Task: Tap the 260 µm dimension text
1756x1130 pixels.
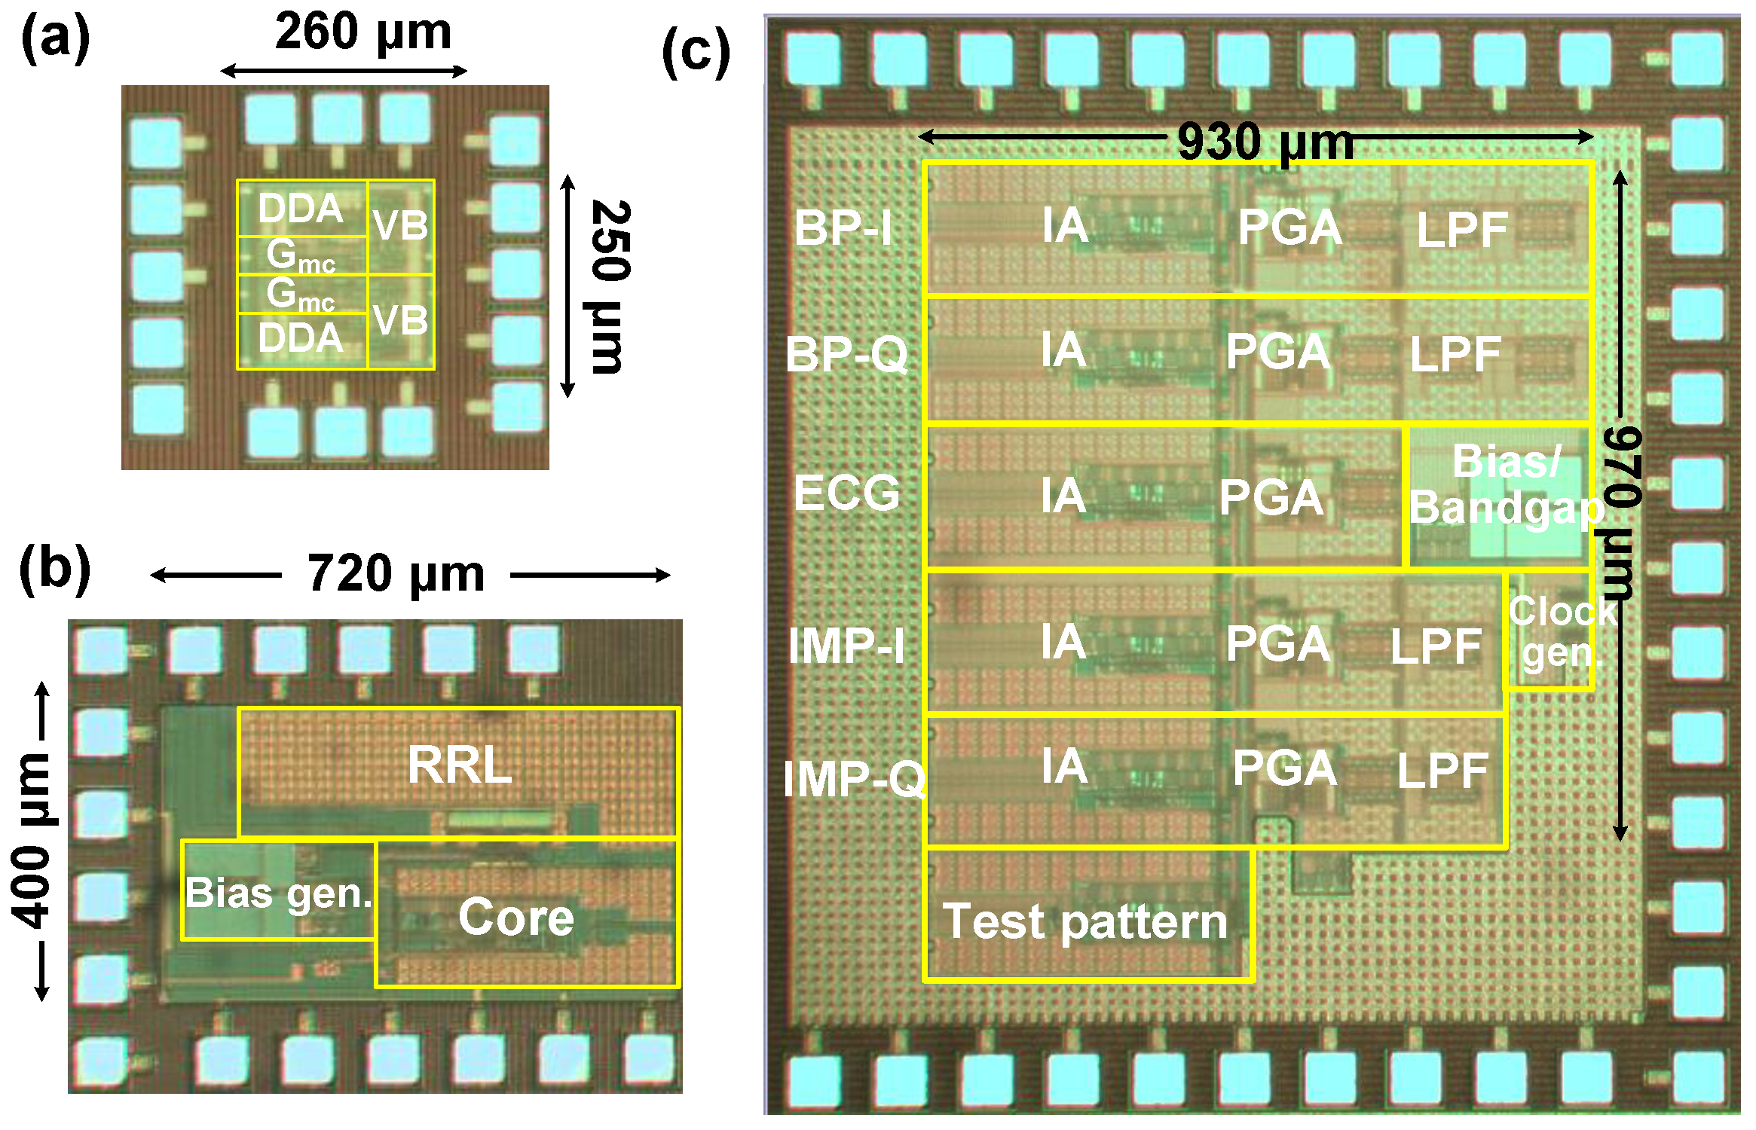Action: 363,32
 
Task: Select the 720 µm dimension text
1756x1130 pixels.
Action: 396,574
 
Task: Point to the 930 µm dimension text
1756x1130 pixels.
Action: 1265,142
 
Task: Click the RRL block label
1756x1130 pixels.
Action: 460,765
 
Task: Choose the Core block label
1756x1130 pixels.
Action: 516,917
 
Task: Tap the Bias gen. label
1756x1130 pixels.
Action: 279,893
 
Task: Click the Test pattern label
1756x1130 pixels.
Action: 1084,921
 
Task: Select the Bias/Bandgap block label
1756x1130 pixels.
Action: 1506,484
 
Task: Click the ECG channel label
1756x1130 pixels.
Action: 847,493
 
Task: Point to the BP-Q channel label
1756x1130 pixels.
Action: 847,354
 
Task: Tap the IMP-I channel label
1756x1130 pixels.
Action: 847,646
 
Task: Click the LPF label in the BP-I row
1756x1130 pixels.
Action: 1462,230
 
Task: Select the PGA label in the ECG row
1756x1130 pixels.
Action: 1271,498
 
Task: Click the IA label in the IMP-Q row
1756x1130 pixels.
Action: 1064,767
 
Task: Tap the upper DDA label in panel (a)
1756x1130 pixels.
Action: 301,208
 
